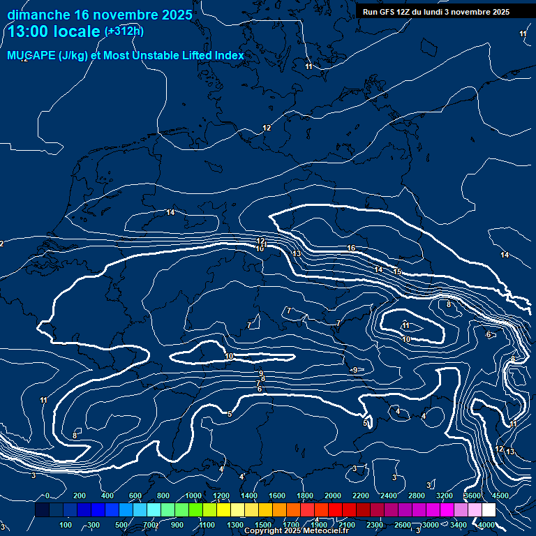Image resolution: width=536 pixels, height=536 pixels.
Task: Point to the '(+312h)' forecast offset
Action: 124,31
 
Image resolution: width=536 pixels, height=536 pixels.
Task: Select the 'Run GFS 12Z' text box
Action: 436,12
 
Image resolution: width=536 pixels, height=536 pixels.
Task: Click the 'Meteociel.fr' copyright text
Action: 322,530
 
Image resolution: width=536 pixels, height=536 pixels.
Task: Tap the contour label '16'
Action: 351,248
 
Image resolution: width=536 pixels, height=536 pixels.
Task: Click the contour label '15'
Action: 397,271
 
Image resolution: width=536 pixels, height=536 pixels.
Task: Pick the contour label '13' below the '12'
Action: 297,253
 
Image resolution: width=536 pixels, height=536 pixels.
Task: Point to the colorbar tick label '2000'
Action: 333,496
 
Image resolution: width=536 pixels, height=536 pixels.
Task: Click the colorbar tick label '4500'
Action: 500,496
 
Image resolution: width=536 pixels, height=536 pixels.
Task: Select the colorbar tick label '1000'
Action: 193,496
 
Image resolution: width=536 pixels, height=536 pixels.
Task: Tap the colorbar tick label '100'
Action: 66,525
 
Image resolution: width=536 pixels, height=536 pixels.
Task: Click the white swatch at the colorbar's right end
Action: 489,510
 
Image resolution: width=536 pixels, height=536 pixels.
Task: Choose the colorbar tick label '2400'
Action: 389,496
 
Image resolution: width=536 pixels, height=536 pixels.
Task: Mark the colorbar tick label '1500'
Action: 263,525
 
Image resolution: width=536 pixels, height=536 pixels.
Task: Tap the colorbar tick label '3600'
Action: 472,496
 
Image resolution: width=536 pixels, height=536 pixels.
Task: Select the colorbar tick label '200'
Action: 80,496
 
